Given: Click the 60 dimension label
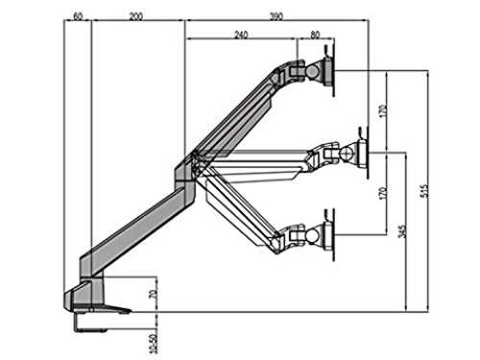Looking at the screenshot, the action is [x=78, y=16].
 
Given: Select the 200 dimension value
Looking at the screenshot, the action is [x=135, y=16].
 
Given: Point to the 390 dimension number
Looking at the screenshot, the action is [x=276, y=16].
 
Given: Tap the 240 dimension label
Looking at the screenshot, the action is [x=241, y=35].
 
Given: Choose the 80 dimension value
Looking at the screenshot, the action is [x=315, y=35].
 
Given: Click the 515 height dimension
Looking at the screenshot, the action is [x=423, y=191].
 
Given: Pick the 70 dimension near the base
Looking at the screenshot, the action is [x=154, y=294].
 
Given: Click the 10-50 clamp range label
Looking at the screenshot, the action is [x=154, y=344].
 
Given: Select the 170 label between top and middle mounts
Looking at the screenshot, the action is [x=383, y=111].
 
